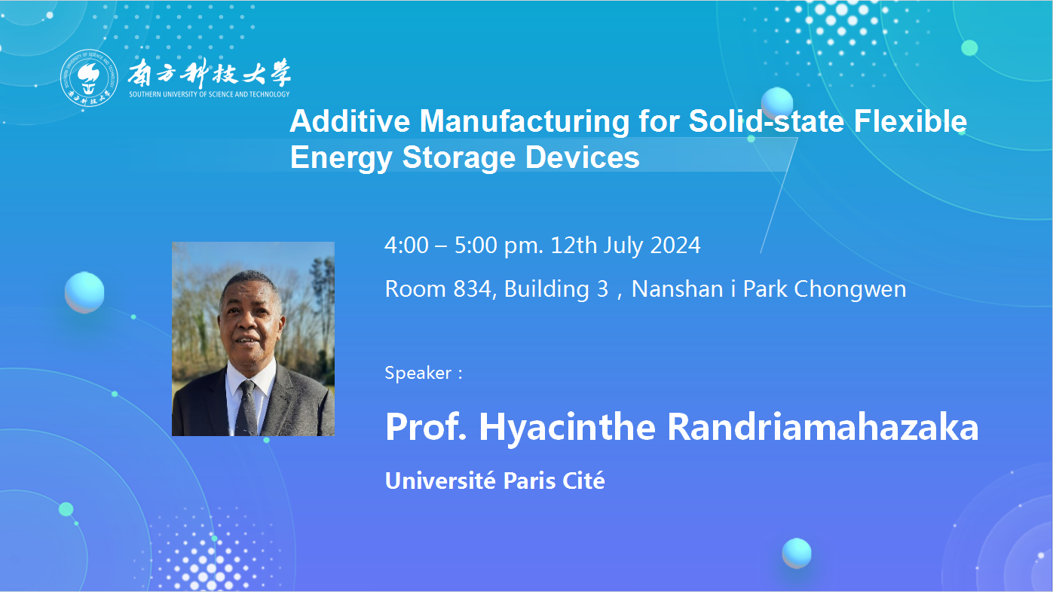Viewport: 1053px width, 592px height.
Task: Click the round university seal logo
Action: (89, 78)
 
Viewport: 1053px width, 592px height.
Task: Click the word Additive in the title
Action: (350, 121)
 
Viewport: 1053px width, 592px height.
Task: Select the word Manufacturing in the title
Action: (524, 121)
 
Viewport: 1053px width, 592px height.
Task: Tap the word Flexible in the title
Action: (910, 121)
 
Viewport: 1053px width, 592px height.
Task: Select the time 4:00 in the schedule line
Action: (406, 246)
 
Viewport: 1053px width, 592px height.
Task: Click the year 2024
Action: (675, 246)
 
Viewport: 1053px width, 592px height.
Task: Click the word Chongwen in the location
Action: (850, 289)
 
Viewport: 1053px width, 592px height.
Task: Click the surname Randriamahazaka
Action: (822, 427)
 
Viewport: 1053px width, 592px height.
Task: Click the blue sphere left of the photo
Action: (84, 292)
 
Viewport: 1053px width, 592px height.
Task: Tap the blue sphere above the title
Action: (777, 103)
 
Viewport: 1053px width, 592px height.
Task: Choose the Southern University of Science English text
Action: (210, 94)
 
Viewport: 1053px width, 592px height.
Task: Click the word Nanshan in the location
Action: (678, 289)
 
